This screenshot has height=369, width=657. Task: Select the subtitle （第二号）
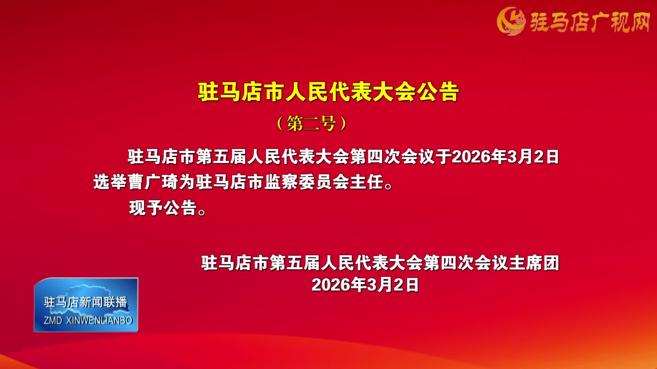coord(311,123)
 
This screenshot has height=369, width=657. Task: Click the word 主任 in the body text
coord(366,182)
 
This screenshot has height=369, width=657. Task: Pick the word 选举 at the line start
coord(110,182)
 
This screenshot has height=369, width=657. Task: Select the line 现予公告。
coord(167,207)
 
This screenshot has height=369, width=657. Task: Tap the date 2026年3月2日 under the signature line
coord(365,285)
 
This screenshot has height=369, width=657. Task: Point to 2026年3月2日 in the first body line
coord(505,157)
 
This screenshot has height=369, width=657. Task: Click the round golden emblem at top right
coord(511,21)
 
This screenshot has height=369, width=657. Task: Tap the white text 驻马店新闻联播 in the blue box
coord(86,302)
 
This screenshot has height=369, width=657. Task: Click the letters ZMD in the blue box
coord(53,320)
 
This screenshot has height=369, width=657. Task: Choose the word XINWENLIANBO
coord(99,320)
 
